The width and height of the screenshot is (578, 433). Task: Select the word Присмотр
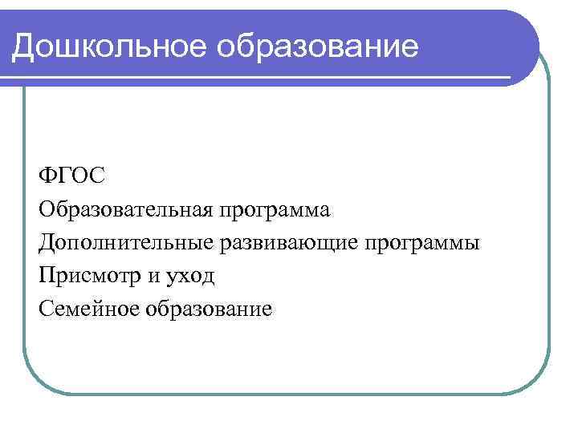pyautogui.click(x=82, y=276)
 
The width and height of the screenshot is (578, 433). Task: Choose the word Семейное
pyautogui.click(x=87, y=308)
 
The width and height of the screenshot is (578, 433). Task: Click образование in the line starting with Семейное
pyautogui.click(x=209, y=310)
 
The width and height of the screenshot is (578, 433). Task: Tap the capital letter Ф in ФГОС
pyautogui.click(x=46, y=176)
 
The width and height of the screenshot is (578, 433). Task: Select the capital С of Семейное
pyautogui.click(x=45, y=308)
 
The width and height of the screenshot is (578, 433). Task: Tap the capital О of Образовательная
pyautogui.click(x=46, y=209)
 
